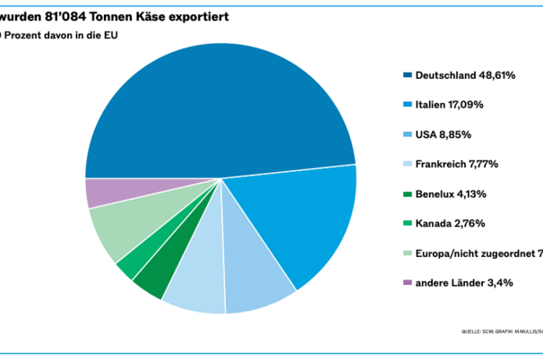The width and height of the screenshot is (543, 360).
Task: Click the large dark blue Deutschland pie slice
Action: point(215,107)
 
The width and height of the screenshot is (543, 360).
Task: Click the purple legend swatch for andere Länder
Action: point(408,282)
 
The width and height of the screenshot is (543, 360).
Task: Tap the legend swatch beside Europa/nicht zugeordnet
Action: point(408,253)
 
